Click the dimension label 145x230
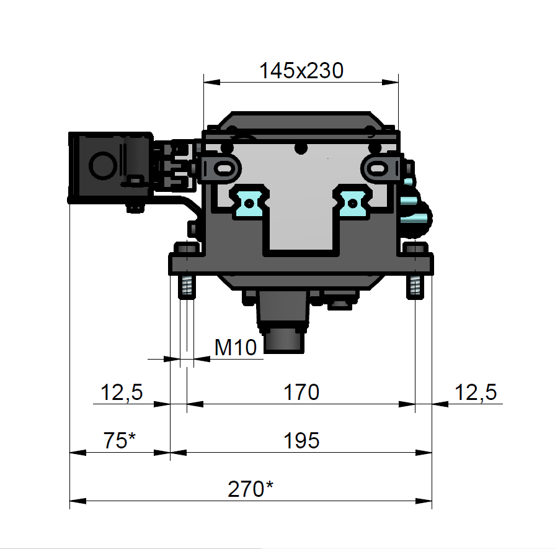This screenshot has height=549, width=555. [301, 70]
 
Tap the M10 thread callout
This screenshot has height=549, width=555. [236, 347]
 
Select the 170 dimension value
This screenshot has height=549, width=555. [301, 392]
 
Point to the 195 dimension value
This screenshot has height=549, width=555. [301, 440]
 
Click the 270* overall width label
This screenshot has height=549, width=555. [251, 489]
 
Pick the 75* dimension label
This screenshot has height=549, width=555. [119, 440]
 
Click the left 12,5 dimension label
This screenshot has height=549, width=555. [122, 392]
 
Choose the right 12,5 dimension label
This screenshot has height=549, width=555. [476, 392]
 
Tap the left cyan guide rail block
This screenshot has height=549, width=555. [249, 202]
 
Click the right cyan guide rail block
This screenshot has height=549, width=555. [353, 202]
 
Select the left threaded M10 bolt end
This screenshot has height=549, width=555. [187, 286]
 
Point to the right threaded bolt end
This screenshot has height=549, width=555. [415, 286]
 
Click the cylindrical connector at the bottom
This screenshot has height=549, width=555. [284, 341]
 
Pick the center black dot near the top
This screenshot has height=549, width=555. [301, 148]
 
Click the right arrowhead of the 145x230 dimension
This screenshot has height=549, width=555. [391, 82]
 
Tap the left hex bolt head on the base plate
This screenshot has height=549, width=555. [187, 248]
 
